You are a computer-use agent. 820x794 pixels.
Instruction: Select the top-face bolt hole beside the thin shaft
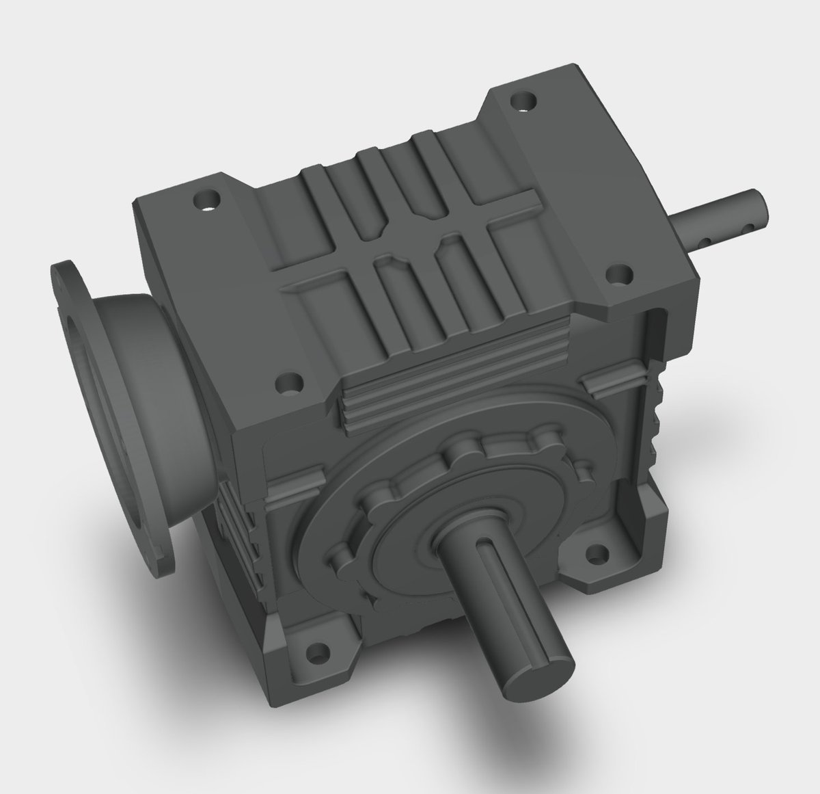(x=618, y=278)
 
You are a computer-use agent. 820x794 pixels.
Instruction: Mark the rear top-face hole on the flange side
(x=206, y=202)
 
